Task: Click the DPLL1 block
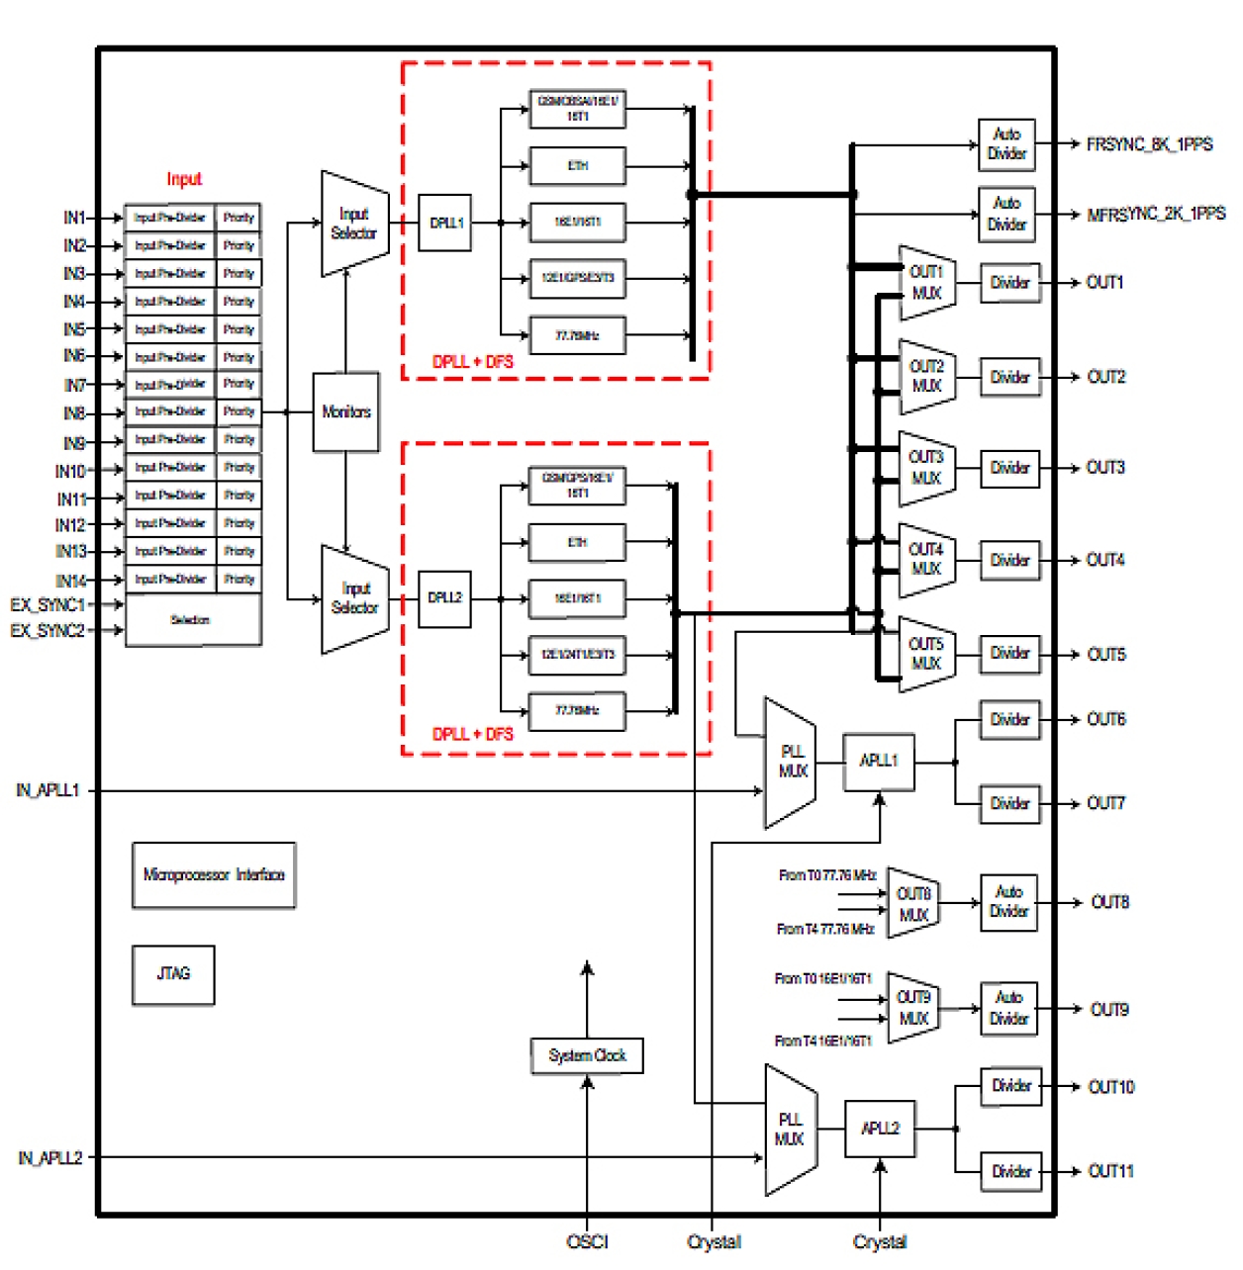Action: pyautogui.click(x=445, y=223)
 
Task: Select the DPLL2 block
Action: pyautogui.click(x=444, y=597)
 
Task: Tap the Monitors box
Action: pyautogui.click(x=345, y=411)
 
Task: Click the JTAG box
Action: pyautogui.click(x=173, y=974)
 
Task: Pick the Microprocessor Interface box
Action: pyautogui.click(x=214, y=874)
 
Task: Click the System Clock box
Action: pyautogui.click(x=587, y=1055)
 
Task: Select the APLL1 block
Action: pyautogui.click(x=878, y=761)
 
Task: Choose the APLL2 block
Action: pyautogui.click(x=880, y=1129)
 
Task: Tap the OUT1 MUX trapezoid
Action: pyautogui.click(x=926, y=283)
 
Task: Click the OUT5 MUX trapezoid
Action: pyautogui.click(x=926, y=654)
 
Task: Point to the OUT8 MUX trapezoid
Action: pyautogui.click(x=912, y=904)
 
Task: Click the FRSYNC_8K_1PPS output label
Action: pyautogui.click(x=1149, y=144)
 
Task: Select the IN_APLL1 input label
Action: pyautogui.click(x=48, y=790)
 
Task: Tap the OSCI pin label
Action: pyautogui.click(x=587, y=1241)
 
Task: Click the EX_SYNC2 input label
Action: pyautogui.click(x=48, y=630)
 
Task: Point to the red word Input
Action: pyautogui.click(x=184, y=179)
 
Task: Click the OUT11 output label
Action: pyautogui.click(x=1110, y=1171)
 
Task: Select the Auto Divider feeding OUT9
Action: pyautogui.click(x=1008, y=1009)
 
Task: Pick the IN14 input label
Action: pyautogui.click(x=71, y=581)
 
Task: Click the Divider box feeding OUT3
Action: pyautogui.click(x=1010, y=468)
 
